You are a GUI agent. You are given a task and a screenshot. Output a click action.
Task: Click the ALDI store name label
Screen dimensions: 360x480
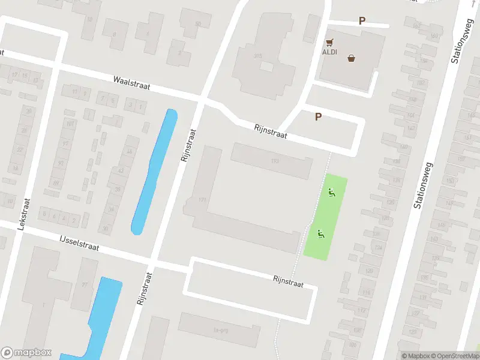click(x=330, y=52)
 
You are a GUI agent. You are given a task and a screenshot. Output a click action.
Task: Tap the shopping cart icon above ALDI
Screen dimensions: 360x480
click(x=329, y=43)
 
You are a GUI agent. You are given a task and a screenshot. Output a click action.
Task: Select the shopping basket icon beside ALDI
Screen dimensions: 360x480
click(x=351, y=58)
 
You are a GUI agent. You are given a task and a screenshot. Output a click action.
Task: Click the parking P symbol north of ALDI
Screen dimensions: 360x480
click(x=362, y=20)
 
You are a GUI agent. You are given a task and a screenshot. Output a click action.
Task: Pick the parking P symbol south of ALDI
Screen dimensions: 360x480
click(x=319, y=117)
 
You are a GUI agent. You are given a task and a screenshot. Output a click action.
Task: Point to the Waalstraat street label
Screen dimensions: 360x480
click(x=131, y=83)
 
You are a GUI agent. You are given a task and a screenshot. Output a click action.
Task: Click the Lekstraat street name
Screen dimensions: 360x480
click(x=24, y=215)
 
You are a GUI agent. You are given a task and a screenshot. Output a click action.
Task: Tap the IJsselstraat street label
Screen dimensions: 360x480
click(x=79, y=243)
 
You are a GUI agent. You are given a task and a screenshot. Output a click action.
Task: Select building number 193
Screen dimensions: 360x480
click(x=275, y=161)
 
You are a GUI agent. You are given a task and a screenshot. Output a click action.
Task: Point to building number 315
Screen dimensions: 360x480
click(x=259, y=56)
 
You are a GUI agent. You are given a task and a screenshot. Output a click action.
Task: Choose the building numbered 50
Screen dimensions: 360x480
click(x=198, y=25)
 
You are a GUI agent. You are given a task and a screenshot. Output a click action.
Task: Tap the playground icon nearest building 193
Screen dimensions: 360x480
click(x=331, y=193)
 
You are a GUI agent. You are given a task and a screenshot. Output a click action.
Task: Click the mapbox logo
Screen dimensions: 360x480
click(x=26, y=353)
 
